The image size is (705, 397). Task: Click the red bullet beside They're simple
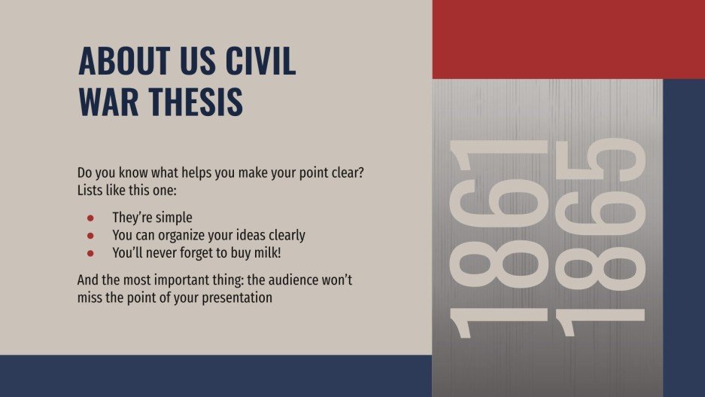pyautogui.click(x=90, y=218)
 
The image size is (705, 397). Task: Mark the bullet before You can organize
pyautogui.click(x=90, y=235)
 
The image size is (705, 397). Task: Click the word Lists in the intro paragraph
pyautogui.click(x=93, y=189)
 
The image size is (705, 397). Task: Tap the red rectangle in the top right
pyautogui.click(x=568, y=39)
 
